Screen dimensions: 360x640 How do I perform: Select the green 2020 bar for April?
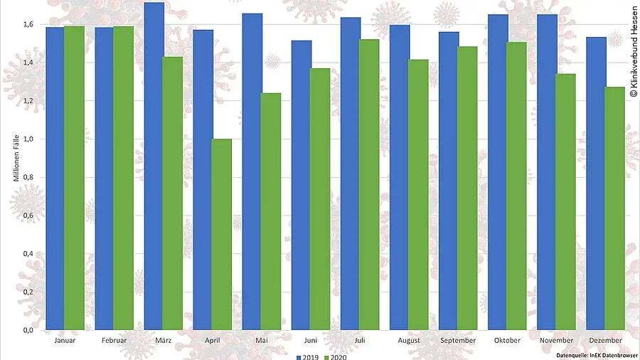tap(222, 234)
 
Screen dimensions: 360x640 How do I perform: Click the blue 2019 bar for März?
tap(154, 166)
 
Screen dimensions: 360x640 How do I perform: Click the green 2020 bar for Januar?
tap(75, 178)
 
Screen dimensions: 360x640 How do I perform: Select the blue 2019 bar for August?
tap(400, 177)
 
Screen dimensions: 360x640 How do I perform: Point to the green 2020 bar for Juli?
tap(369, 184)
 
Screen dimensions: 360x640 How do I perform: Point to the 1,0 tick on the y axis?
tap(28, 139)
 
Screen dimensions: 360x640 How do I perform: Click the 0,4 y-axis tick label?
tap(28, 253)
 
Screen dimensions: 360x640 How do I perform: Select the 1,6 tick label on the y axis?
tap(28, 24)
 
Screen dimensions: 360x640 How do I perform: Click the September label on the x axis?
tap(459, 341)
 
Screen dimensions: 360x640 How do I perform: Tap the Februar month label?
tap(114, 341)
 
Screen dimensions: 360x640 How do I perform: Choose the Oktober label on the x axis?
tap(507, 341)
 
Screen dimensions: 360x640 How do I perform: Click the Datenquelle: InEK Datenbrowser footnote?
tap(597, 354)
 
